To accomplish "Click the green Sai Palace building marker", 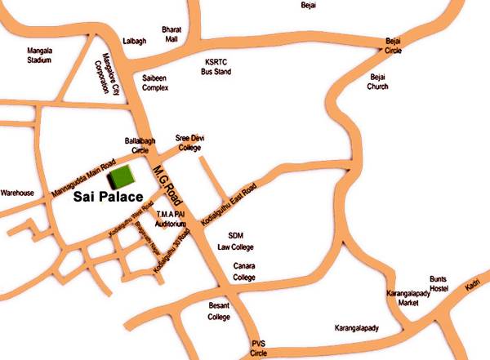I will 123,177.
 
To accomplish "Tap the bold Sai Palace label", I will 108,197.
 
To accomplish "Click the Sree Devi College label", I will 190,143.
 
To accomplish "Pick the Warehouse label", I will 16,193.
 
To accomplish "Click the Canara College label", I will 244,272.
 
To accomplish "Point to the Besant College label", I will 219,311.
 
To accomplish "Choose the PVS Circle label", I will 259,348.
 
